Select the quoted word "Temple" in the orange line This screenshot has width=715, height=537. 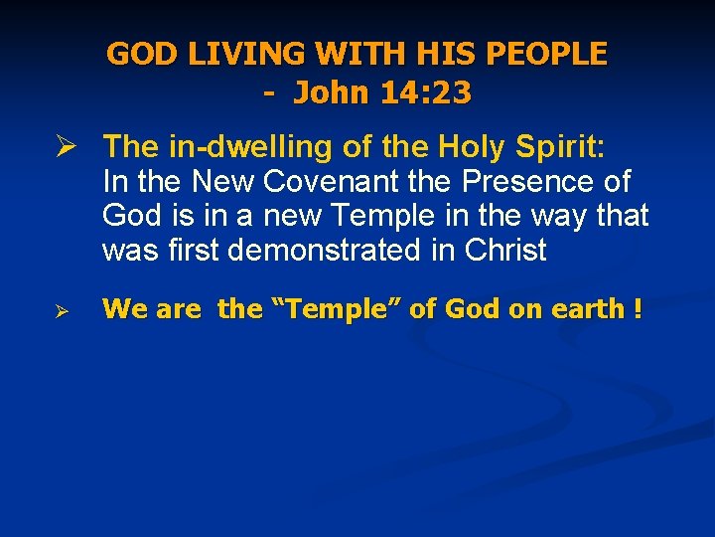pyautogui.click(x=336, y=309)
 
